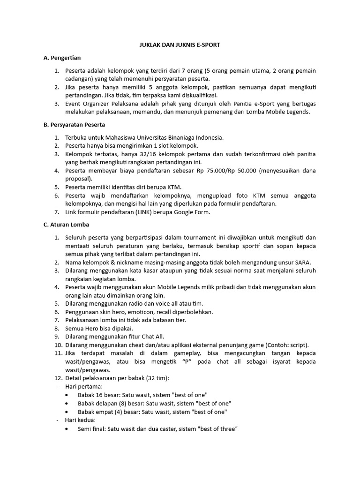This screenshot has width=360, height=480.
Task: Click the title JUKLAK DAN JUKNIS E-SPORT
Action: pyautogui.click(x=180, y=45)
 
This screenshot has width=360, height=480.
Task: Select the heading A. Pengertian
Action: pyautogui.click(x=62, y=58)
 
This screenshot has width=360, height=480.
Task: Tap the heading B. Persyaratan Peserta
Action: pyautogui.click(x=74, y=125)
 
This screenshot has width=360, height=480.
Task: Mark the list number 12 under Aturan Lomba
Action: pyautogui.click(x=57, y=378)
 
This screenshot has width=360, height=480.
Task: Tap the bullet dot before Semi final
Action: pyautogui.click(x=69, y=428)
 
